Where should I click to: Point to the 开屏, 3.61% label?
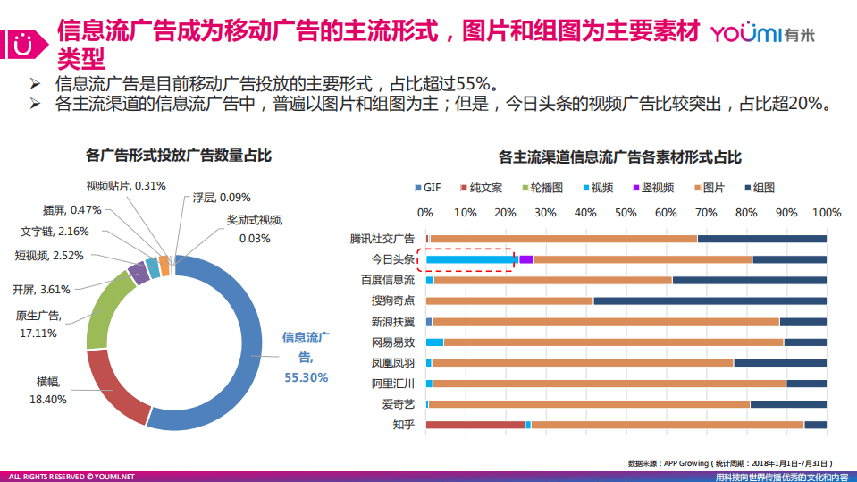40,289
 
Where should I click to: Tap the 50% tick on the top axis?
625,213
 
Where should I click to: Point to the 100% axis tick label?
826,213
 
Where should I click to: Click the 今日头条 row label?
393,259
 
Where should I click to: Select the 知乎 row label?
403,424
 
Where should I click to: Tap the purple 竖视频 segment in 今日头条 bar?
525,259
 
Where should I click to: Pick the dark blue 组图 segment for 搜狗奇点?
710,300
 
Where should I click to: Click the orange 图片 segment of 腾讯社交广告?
563,239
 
